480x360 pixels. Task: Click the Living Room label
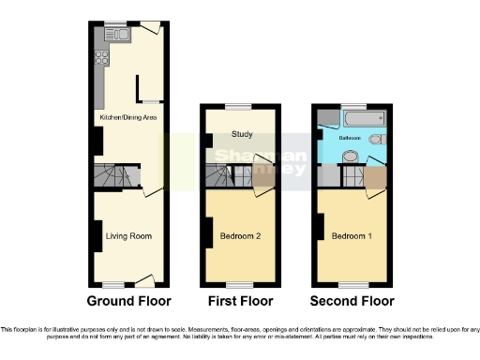click(x=128, y=235)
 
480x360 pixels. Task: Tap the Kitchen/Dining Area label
click(x=128, y=117)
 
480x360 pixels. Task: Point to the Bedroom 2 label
click(x=240, y=235)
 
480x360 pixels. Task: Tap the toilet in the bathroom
click(x=376, y=140)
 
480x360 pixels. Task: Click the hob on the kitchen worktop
click(x=101, y=57)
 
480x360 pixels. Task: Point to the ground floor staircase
click(x=114, y=175)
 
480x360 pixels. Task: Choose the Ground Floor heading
click(x=128, y=301)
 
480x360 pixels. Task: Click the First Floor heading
click(x=241, y=301)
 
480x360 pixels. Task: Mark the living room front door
click(x=145, y=280)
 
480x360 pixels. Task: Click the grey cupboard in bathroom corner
click(x=322, y=116)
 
